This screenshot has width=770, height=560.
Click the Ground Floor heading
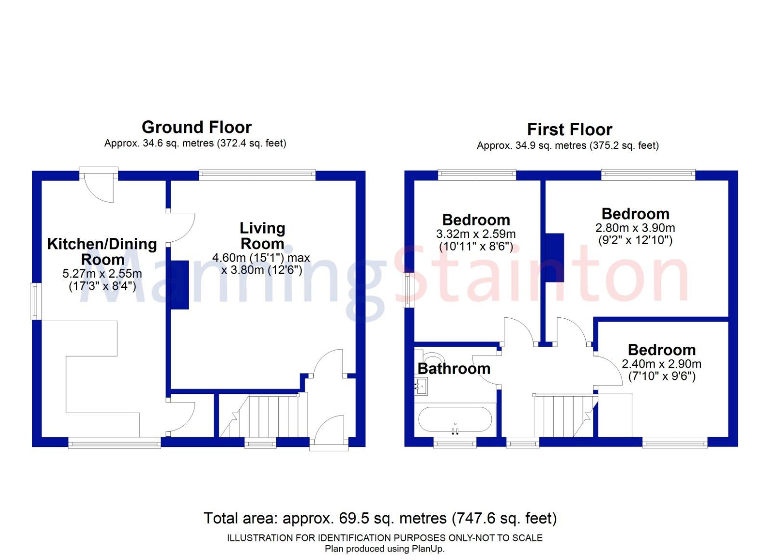coord(196,127)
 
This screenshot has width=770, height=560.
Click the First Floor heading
coord(569,130)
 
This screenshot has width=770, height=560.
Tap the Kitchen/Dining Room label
coord(102,251)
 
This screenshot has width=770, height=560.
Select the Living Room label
coord(262,235)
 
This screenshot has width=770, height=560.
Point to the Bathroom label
coord(454,369)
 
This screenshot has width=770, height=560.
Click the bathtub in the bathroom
coord(455,419)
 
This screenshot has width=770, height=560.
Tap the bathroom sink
coord(421,386)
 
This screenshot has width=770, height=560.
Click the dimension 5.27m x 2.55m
coord(102,274)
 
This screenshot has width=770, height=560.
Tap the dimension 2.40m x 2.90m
coord(661,364)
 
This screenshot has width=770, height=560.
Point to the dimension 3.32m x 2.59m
coord(475,234)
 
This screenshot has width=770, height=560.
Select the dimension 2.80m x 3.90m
coord(635,228)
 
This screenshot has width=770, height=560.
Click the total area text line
coord(380,519)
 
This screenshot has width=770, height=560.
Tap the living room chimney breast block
coord(180,285)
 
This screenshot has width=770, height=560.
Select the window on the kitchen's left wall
coord(36,301)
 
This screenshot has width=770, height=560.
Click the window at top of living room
coord(257,175)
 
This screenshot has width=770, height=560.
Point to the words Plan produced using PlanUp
coord(385,549)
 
